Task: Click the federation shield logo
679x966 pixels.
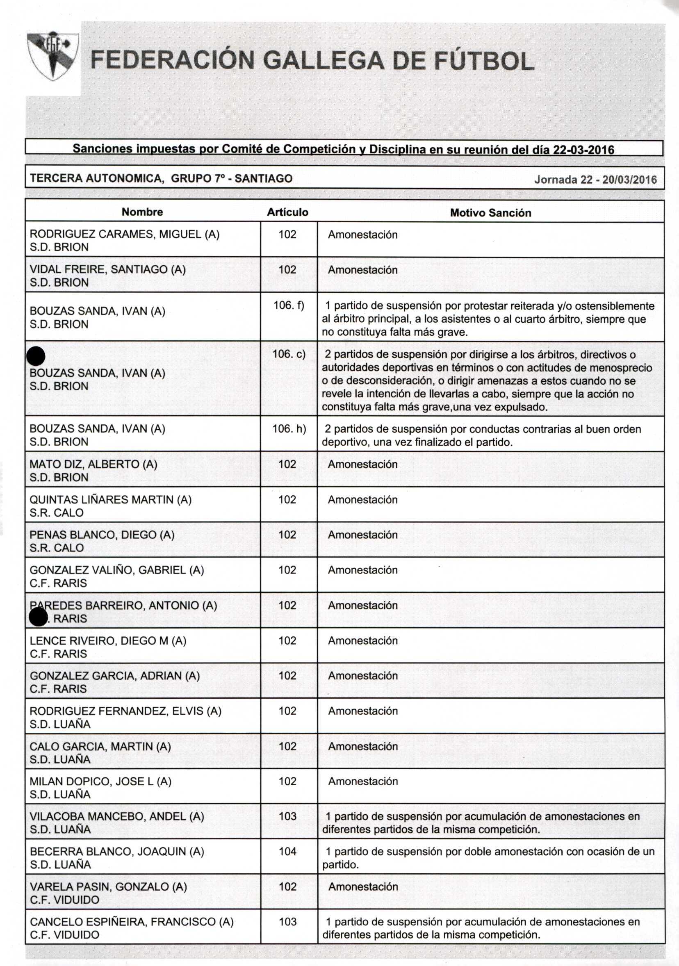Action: click(52, 55)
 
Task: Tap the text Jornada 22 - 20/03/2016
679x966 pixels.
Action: click(595, 180)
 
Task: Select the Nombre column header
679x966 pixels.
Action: click(142, 212)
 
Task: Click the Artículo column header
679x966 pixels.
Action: click(288, 212)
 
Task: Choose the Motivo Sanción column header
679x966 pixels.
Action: click(490, 213)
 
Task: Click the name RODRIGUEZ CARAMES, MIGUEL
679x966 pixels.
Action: click(125, 235)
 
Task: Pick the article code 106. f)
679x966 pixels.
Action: click(289, 305)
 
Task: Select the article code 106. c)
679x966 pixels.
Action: click(289, 354)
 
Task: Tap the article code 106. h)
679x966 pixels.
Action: click(289, 429)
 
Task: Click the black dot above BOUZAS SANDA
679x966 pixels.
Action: click(36, 356)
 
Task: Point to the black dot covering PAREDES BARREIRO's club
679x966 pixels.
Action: click(38, 617)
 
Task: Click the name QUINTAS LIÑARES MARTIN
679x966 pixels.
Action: click(110, 499)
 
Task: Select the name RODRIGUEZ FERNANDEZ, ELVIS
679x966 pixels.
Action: click(125, 711)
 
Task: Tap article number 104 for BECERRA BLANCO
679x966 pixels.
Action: click(288, 851)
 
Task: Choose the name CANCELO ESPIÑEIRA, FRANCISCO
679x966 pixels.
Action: click(132, 921)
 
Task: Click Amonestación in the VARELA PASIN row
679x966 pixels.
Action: click(363, 886)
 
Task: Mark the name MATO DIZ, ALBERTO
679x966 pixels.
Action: click(93, 464)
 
